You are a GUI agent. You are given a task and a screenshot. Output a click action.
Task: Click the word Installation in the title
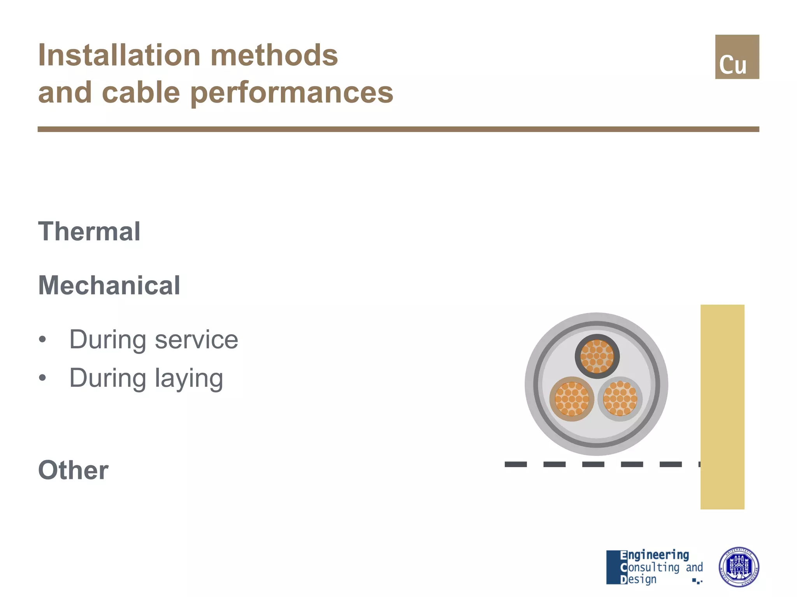119,55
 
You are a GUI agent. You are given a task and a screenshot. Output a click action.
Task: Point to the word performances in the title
292,93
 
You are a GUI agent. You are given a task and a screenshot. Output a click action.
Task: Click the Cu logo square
737,57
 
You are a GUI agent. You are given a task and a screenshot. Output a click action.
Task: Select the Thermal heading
89,231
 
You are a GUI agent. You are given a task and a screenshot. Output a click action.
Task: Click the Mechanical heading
109,285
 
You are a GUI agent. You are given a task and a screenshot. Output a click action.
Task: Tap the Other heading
73,470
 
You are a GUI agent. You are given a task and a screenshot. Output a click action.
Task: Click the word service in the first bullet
196,340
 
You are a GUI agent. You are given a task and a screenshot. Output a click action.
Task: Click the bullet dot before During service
42,340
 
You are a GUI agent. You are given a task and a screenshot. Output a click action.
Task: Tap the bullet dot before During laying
42,378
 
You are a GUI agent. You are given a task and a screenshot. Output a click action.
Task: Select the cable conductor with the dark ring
597,356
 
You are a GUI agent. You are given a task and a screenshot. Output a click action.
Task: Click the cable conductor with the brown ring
572,399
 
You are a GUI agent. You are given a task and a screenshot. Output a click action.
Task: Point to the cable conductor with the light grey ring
620,399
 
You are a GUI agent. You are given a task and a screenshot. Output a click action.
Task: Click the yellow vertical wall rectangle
722,407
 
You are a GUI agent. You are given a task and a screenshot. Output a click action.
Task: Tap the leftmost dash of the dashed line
516,464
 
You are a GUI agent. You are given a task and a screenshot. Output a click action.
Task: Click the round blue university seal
739,567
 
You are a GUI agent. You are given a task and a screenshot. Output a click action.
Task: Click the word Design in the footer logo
638,579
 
